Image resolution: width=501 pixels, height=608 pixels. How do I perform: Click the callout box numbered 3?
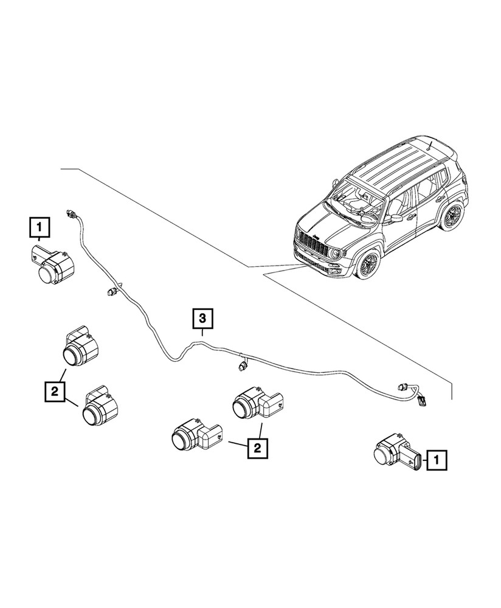203,318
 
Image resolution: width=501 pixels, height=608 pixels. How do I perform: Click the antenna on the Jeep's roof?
429,145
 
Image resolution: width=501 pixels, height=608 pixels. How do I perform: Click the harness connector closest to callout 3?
242,365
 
